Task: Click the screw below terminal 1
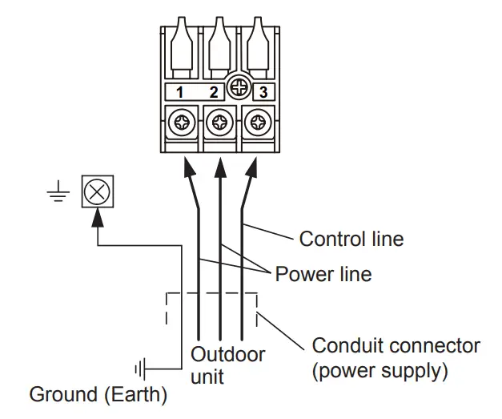pos(182,123)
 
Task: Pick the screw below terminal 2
pos(219,123)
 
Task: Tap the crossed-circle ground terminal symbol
pos(97,192)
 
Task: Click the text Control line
pos(351,239)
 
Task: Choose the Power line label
pos(323,274)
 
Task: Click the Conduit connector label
pos(396,346)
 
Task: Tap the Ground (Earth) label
pos(98,395)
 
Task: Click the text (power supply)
pos(380,372)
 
